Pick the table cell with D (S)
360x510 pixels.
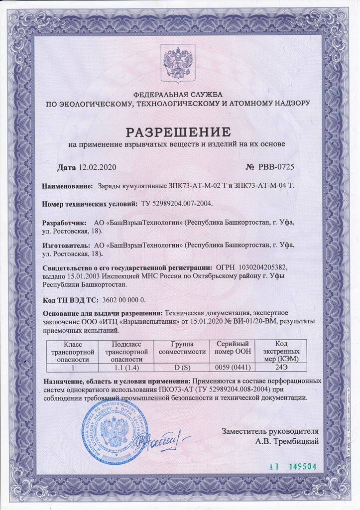(182, 368)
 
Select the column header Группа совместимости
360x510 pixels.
(182, 348)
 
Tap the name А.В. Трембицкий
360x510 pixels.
(287, 440)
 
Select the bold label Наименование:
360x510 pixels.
(67, 186)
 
